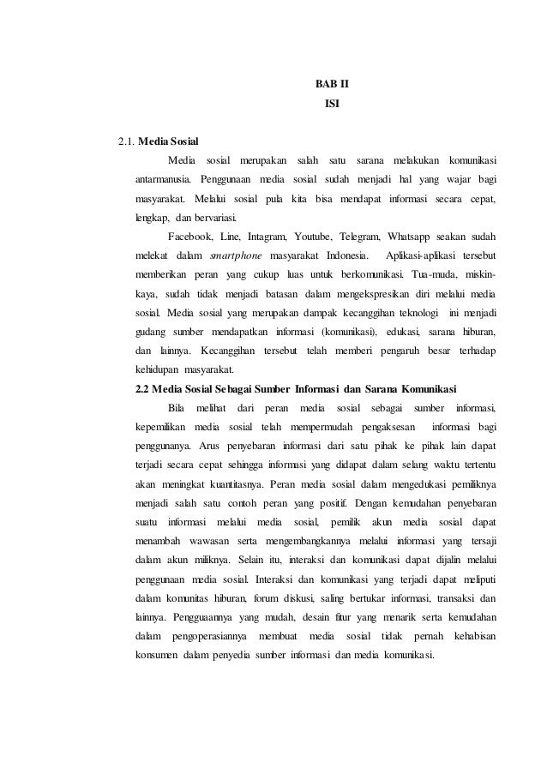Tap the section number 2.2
pyautogui.click(x=146, y=384)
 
